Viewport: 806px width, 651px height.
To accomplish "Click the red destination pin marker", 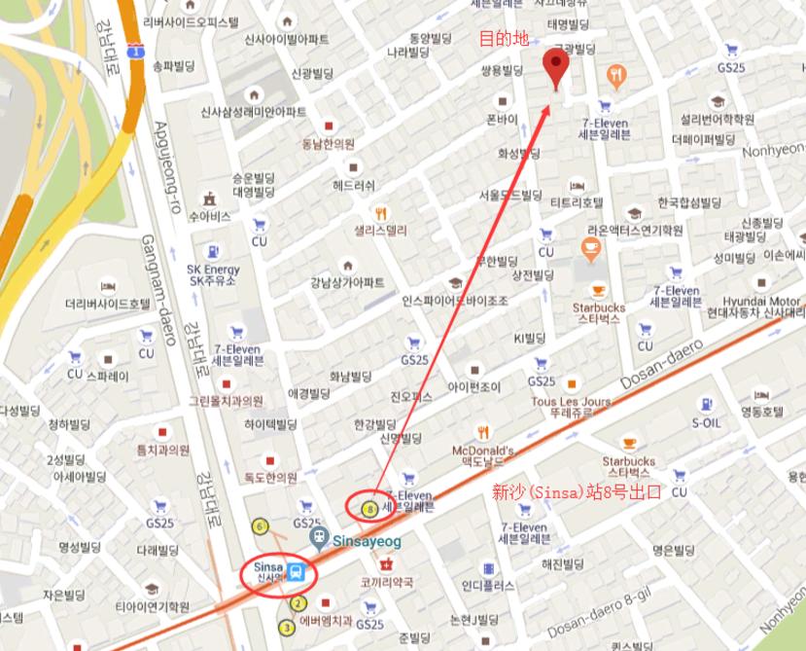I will coord(556,68).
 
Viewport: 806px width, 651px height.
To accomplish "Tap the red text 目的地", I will coord(505,39).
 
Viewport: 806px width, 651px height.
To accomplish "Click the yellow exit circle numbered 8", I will coord(368,507).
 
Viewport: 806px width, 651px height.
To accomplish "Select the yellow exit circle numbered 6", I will coord(260,526).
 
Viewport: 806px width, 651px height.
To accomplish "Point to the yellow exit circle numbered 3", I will coord(287,628).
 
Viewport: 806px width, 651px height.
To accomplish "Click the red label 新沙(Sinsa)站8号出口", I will coord(577,492).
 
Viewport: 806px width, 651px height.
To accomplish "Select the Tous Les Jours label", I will coord(571,401).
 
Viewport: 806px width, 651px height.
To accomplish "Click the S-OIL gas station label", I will coord(707,423).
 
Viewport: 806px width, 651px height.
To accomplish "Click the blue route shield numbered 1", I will coord(135,49).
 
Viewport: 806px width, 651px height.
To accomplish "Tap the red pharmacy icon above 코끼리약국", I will coord(386,563).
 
